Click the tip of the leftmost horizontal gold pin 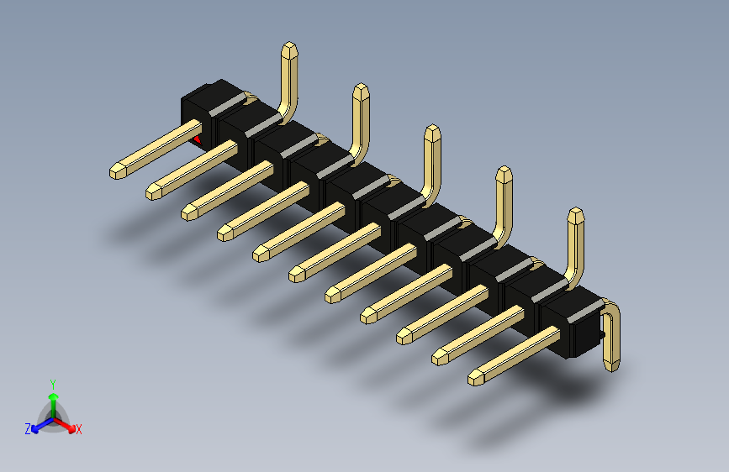(116, 173)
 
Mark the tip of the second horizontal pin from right (439, 359)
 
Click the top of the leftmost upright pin (288, 47)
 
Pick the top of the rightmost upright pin (575, 214)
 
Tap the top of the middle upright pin (432, 130)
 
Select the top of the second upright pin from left (361, 88)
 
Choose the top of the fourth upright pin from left (504, 172)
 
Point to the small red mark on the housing (198, 139)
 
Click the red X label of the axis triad (79, 430)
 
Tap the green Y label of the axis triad (52, 382)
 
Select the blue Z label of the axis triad (28, 429)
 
